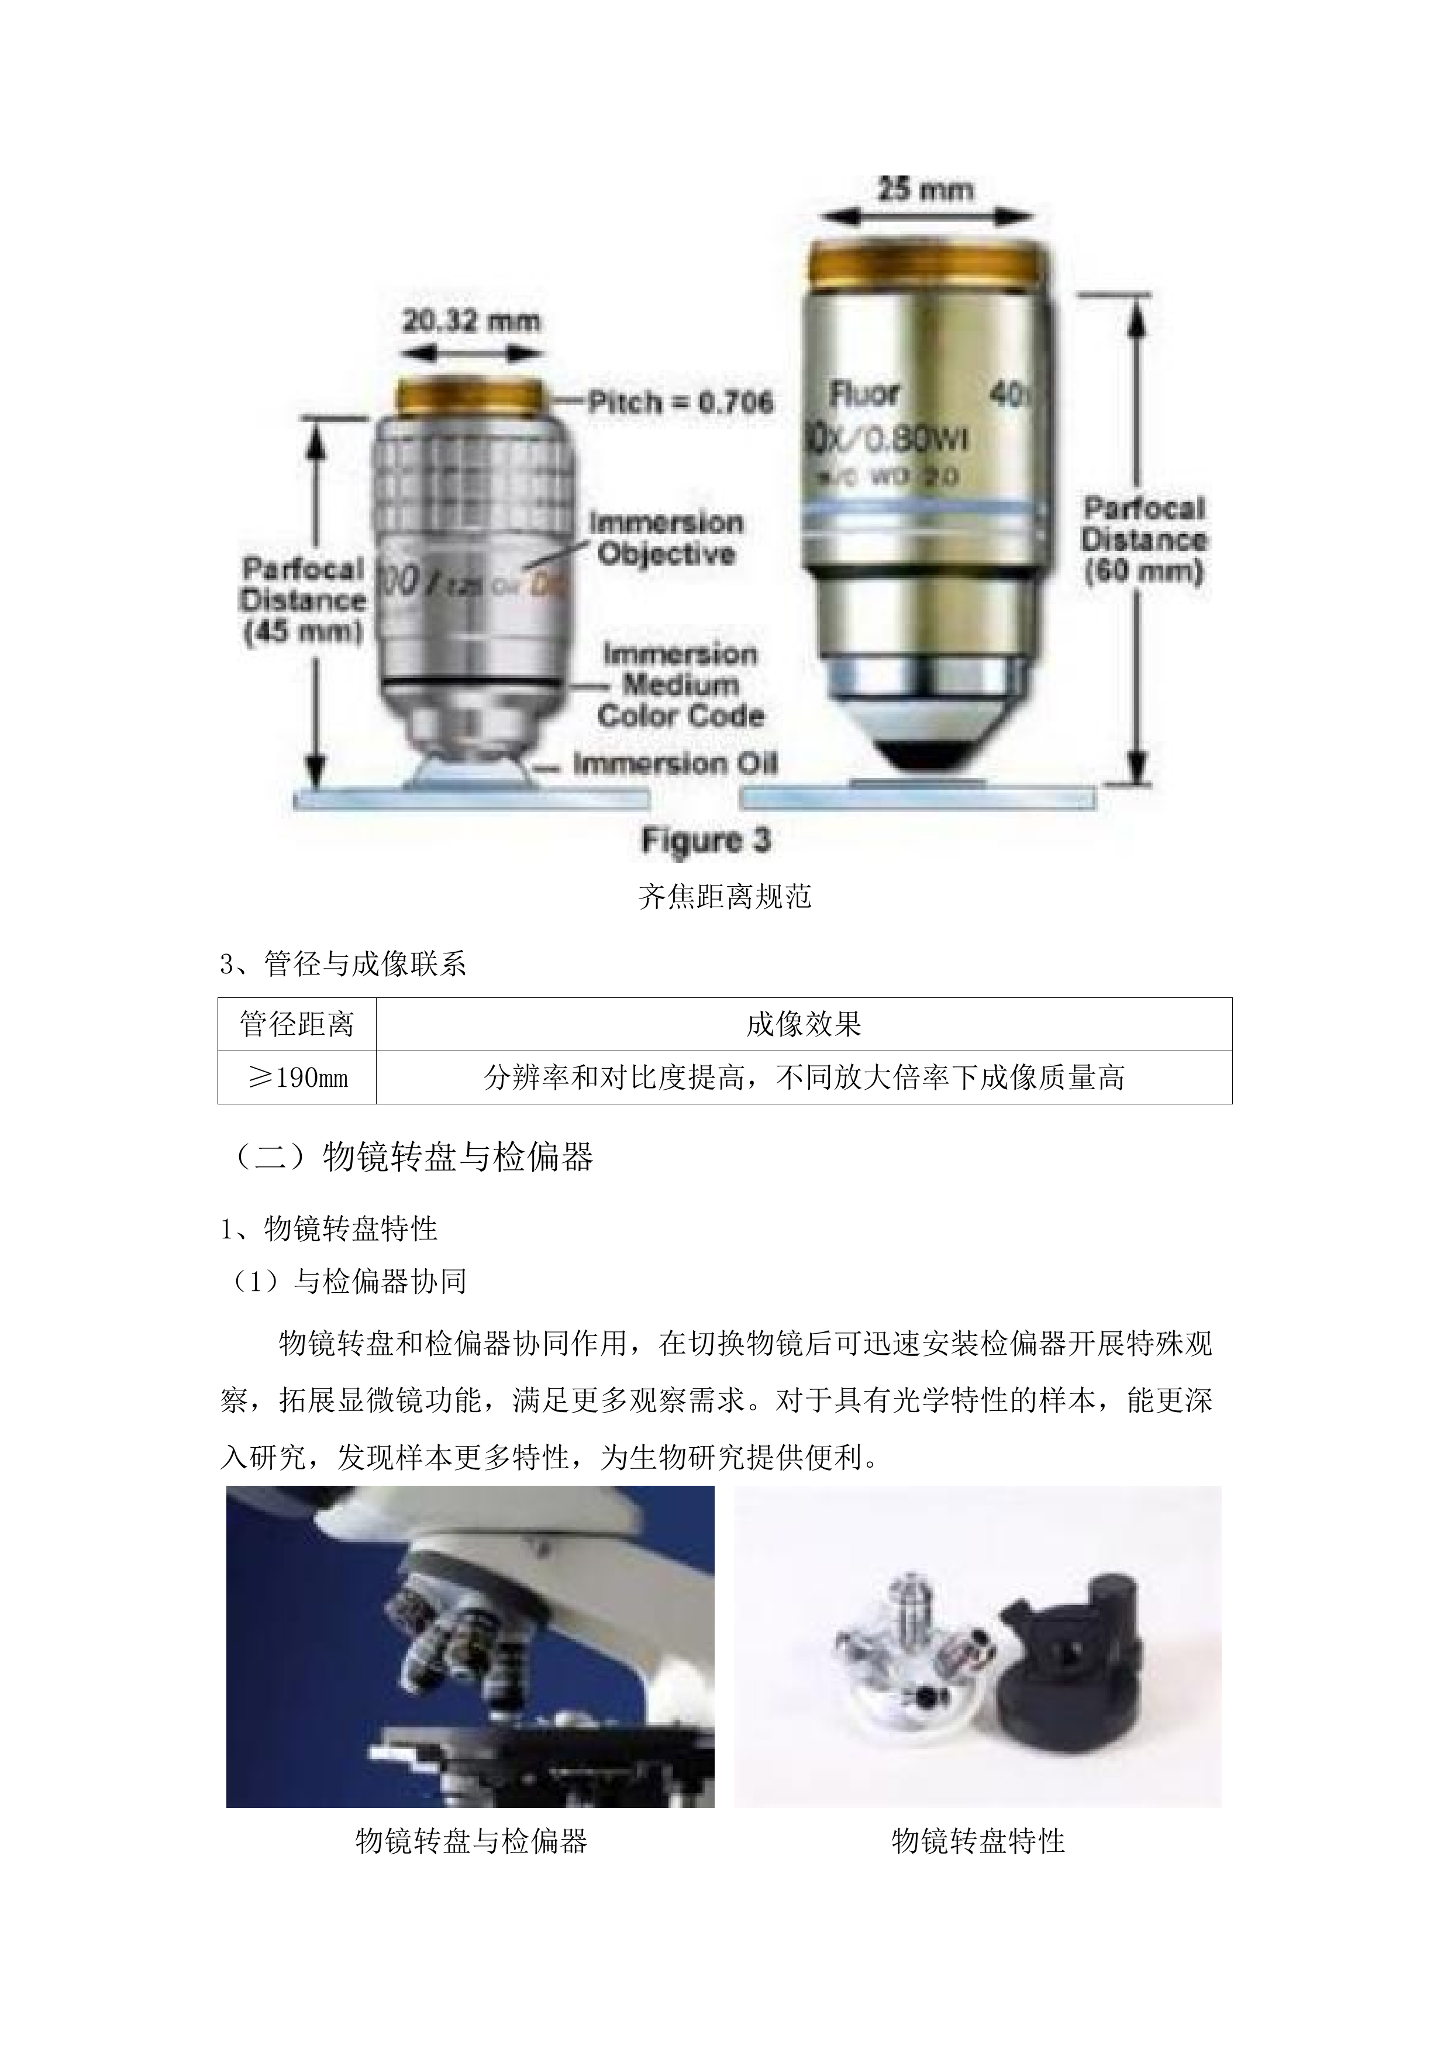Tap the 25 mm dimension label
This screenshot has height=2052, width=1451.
tap(925, 190)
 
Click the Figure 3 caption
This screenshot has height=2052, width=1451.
tap(706, 840)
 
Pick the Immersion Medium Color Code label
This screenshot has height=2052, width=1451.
tap(681, 684)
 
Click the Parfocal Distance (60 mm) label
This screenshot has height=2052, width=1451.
tap(1143, 540)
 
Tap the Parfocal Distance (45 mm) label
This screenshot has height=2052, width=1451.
tap(304, 601)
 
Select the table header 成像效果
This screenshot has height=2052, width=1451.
tap(803, 1024)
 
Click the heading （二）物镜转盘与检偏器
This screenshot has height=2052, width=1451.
tap(408, 1158)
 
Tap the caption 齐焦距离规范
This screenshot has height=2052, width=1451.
tap(725, 896)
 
